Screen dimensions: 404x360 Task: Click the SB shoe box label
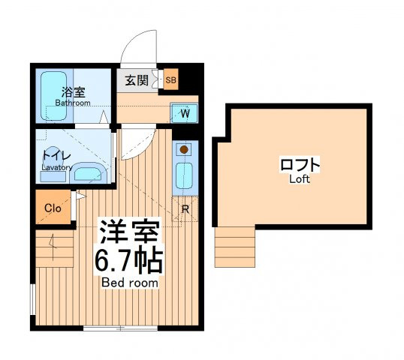coord(170,80)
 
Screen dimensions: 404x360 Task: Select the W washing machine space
coord(184,113)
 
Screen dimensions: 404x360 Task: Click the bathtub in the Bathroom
coord(53,96)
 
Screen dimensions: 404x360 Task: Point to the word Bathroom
coord(73,103)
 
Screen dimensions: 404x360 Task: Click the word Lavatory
coord(57,167)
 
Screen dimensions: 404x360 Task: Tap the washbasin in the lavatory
coord(88,173)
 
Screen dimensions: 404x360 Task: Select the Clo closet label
coord(53,208)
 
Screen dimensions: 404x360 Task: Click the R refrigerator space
coord(185,209)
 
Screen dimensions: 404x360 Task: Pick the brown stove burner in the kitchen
coord(184,149)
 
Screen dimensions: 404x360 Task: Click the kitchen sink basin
coord(184,176)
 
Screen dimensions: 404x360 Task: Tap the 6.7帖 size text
coord(129,261)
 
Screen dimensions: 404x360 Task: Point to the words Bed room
coord(130,283)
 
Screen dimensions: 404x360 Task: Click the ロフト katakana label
coord(300,165)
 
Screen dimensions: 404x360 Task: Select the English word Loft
coord(300,179)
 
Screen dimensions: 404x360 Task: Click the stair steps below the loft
coord(235,247)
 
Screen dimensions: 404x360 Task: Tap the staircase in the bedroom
coord(55,248)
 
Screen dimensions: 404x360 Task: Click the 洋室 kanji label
coord(129,231)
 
